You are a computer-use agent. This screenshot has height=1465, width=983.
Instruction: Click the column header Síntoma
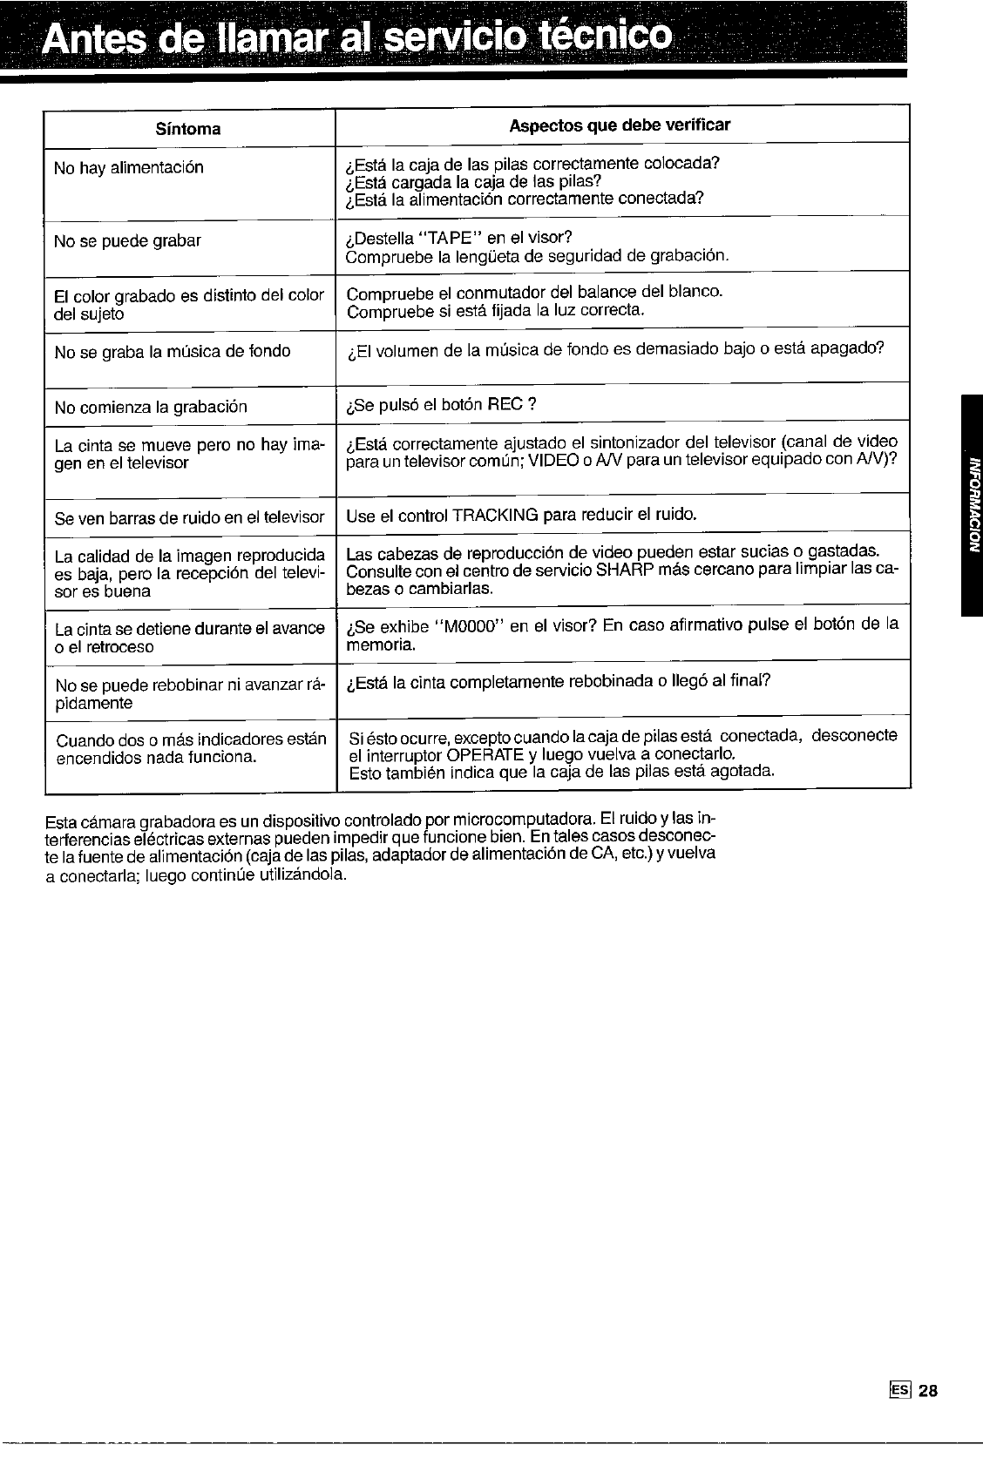187,130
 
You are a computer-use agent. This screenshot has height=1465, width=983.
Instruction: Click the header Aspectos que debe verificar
620,125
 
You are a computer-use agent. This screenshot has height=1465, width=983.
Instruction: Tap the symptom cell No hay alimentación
129,168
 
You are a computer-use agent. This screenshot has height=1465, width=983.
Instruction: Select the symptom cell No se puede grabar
127,241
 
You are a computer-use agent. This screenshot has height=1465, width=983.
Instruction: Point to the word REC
505,404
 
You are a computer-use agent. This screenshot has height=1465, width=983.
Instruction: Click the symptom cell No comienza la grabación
151,408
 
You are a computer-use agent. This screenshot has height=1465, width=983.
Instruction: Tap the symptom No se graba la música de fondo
173,352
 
